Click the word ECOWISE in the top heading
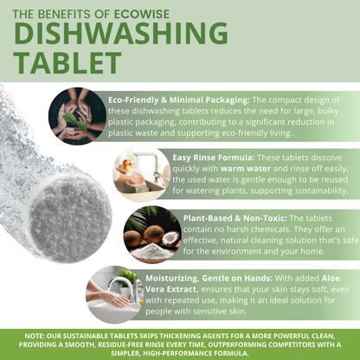tap(142, 14)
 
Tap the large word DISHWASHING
tap(121, 33)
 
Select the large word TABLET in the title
tap(67, 62)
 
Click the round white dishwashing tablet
tap(69, 219)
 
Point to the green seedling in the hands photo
tap(75, 122)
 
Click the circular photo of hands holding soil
tap(77, 116)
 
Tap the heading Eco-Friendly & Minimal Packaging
tap(179, 100)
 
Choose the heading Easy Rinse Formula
tap(214, 157)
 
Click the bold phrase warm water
tap(246, 169)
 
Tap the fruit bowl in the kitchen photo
tap(127, 165)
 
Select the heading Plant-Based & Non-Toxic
tap(235, 218)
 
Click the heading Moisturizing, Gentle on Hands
tap(209, 279)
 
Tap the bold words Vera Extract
tap(171, 289)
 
